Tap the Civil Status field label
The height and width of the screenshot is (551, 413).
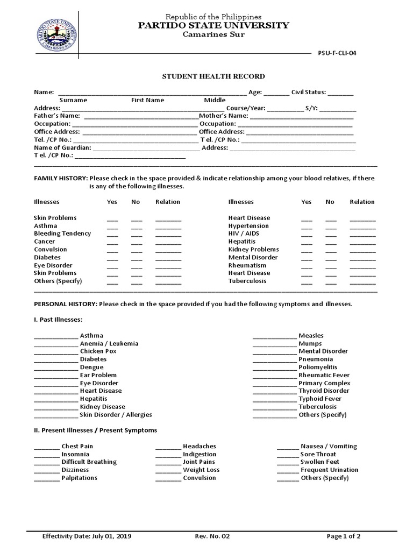pos(309,92)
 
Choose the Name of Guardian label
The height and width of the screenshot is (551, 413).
pos(62,147)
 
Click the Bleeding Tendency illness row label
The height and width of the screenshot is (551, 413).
pos(62,234)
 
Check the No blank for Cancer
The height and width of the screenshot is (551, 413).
pos(137,243)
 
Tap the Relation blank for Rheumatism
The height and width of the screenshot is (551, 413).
pos(362,266)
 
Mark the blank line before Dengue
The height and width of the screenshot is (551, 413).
pos(55,368)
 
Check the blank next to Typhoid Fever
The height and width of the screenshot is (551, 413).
pos(274,400)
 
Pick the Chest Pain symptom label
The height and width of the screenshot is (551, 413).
pos(77,446)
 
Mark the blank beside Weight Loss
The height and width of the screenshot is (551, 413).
pos(168,471)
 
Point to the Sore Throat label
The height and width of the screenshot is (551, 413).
pos(318,454)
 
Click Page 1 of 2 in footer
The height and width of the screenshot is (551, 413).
pos(344,536)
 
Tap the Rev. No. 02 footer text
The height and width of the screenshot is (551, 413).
pos(213,536)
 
